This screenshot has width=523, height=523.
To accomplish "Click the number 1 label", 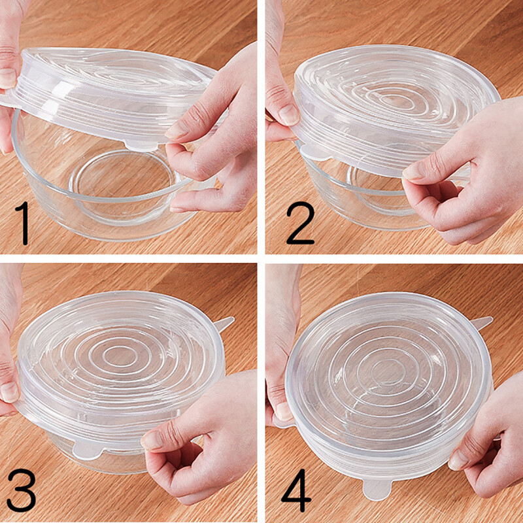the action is tap(22, 223).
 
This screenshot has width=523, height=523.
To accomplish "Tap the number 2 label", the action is tap(300, 223).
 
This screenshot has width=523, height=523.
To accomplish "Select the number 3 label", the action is tap(22, 490).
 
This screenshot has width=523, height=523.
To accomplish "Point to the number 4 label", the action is tap(297, 490).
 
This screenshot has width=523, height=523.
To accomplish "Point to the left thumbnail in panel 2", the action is tap(289, 115).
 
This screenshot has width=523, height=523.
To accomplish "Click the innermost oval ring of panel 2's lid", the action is tap(394, 101).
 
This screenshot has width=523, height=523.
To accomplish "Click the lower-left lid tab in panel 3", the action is tap(87, 450).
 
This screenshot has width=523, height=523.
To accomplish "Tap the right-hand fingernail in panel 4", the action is tap(458, 461).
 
